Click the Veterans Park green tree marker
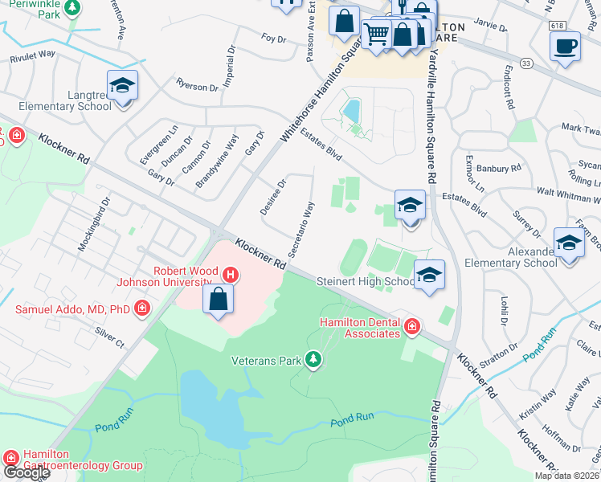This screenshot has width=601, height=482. [x=313, y=361]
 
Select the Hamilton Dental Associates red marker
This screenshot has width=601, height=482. [x=411, y=326]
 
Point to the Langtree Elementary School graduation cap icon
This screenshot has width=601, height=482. [x=122, y=86]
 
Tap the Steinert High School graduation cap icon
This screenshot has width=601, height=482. [x=429, y=276]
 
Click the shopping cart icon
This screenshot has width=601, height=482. [x=376, y=34]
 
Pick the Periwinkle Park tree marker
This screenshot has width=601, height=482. [x=72, y=7]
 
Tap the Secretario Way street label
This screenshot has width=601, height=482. [x=301, y=229]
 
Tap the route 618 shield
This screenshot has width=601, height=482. [x=558, y=26]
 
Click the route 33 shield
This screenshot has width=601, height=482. [x=525, y=63]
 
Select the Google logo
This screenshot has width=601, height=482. [x=26, y=472]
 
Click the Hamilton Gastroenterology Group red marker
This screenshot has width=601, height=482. [x=11, y=457]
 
